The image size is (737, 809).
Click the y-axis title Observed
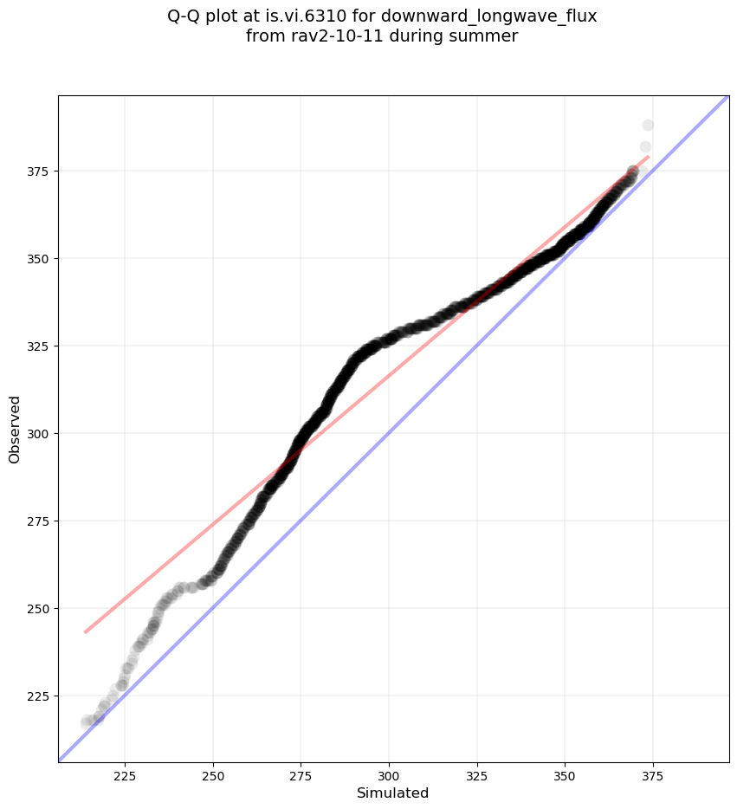coord(15,429)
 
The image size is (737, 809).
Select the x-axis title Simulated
coord(393,793)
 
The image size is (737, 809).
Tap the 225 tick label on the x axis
coord(125,773)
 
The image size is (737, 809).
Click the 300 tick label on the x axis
coord(389,773)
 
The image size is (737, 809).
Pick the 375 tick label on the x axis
coord(652,773)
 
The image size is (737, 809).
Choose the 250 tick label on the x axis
coord(213,773)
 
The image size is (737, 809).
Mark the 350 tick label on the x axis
coord(565,773)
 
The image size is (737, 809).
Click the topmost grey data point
coord(648,126)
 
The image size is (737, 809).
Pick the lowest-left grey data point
coord(87,722)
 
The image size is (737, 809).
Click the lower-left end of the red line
coord(85,632)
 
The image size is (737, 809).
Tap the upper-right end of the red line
coord(648,157)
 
